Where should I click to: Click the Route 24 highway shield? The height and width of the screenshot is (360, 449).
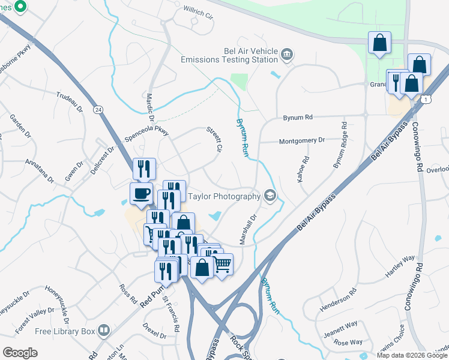coord(97,110)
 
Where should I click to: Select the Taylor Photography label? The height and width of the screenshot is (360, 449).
coord(224,196)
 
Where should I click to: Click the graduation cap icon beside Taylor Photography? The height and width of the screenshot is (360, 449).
coord(270,196)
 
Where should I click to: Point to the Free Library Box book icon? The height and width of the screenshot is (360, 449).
coord(104,331)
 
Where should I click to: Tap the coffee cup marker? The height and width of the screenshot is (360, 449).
coord(141,194)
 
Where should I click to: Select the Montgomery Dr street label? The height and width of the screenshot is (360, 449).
coord(301,140)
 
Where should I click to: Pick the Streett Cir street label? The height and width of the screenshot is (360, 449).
coord(215,139)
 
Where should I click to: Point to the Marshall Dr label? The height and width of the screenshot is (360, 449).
coord(248,230)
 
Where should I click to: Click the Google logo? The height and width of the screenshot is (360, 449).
coord(20,353)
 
